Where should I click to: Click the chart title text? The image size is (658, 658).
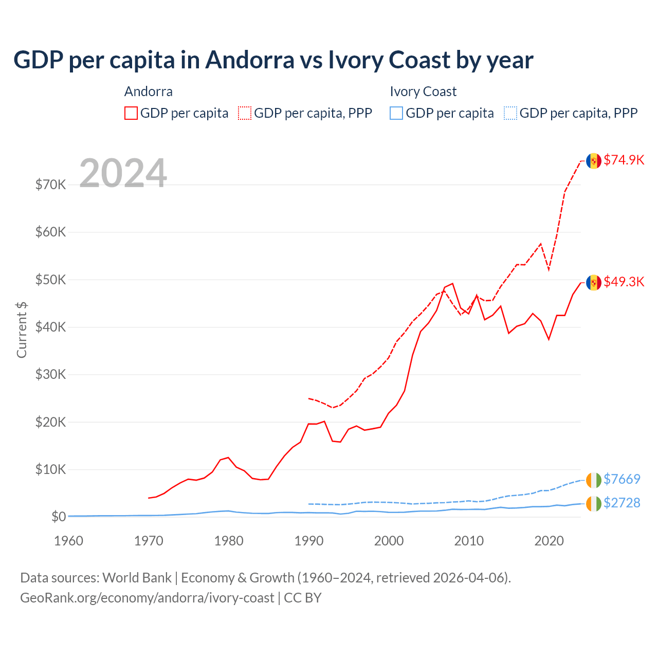coord(273,60)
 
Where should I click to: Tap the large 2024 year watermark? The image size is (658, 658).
coord(123,173)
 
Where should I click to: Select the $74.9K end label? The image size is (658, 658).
coord(624,160)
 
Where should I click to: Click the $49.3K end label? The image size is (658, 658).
coord(624,282)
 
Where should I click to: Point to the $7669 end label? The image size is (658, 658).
coord(622,479)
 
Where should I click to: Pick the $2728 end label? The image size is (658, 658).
coord(622,503)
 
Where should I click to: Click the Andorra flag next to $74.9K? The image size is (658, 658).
coord(594,161)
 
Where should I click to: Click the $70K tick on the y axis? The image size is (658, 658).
coord(50,185)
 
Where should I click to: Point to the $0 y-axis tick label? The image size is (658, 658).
coord(59,517)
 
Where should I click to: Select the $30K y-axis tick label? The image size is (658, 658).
coord(50,374)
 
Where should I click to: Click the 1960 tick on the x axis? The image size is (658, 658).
coord(68,541)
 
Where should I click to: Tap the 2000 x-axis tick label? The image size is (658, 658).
coord(389,541)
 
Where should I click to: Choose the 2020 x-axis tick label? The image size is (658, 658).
coord(549,541)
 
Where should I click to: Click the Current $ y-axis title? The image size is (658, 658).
coord(22,330)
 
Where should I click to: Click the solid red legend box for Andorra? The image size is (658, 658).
coord(131,113)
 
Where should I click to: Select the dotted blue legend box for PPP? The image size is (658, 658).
coord(510,113)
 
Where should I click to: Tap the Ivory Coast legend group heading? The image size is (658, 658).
coord(423,92)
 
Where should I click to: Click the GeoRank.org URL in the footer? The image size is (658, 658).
coord(147,598)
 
